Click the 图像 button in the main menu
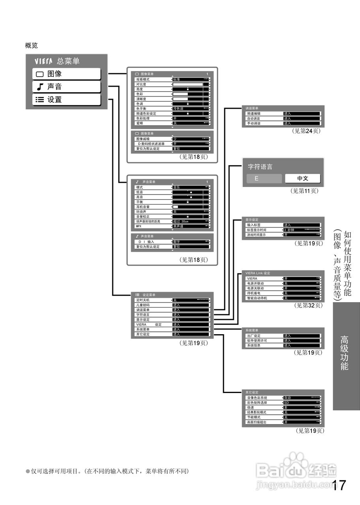(x=66, y=74)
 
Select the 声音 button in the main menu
(x=66, y=87)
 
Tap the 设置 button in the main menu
(x=66, y=100)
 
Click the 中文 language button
(x=303, y=178)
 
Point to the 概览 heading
(x=32, y=46)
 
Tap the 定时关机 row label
(x=142, y=300)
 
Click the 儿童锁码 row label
(x=142, y=305)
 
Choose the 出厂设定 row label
(x=253, y=336)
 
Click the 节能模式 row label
(x=253, y=417)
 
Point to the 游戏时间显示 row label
(x=256, y=235)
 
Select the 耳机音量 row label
(x=142, y=206)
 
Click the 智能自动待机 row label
(x=257, y=298)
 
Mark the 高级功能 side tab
(x=345, y=353)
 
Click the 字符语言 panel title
(x=260, y=167)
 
